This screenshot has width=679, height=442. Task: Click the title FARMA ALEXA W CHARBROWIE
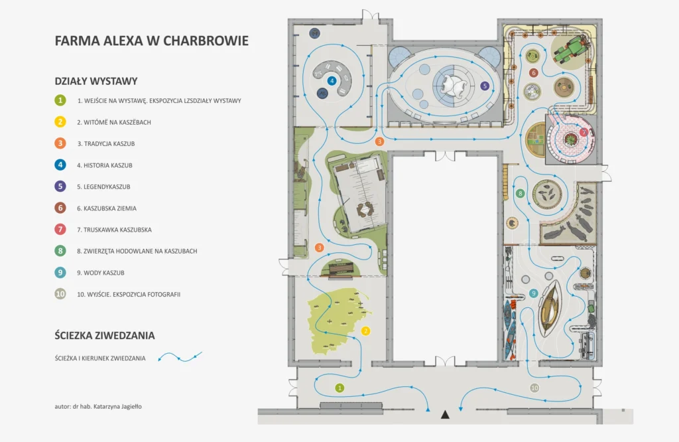152,40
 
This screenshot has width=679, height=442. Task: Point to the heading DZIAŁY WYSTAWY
96,81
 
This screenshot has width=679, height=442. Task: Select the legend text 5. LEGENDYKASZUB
103,186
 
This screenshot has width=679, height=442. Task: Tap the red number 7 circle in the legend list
60,229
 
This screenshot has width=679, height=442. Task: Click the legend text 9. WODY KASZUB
101,273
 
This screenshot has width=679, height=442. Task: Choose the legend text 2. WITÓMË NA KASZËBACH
114,122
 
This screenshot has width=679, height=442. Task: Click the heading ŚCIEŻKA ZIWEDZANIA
105,335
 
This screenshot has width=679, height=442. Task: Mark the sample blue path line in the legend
180,357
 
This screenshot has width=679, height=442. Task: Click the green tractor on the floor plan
572,49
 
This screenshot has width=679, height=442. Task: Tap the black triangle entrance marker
445,415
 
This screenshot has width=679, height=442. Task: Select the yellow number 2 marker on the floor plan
365,331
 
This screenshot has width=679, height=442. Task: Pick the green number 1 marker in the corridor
339,388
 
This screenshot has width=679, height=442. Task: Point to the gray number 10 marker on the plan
534,388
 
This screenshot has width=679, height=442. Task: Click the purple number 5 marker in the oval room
485,86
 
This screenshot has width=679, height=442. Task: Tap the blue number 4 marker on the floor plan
332,80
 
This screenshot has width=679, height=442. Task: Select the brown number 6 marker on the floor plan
534,73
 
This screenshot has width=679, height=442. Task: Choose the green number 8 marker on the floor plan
520,194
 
